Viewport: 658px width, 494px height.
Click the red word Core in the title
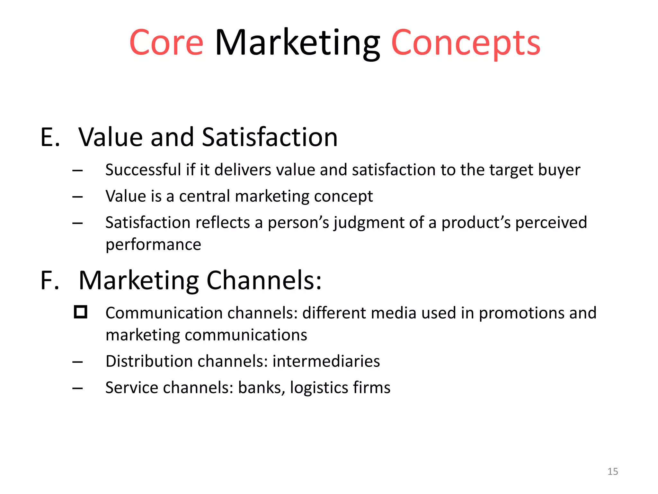coord(166,43)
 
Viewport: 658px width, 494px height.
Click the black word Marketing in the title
coord(297,43)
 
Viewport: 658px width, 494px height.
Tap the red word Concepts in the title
coord(466,43)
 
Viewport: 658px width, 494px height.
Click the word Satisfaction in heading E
coord(270,137)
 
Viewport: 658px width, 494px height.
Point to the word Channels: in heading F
coord(263,280)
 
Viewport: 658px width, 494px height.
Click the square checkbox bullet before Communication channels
coord(80,312)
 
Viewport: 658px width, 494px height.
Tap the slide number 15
coord(612,471)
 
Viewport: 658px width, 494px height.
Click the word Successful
coord(143,170)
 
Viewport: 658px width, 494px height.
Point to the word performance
coord(153,244)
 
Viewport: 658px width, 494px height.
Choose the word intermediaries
coord(326,361)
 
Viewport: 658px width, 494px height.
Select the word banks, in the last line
coord(262,388)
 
